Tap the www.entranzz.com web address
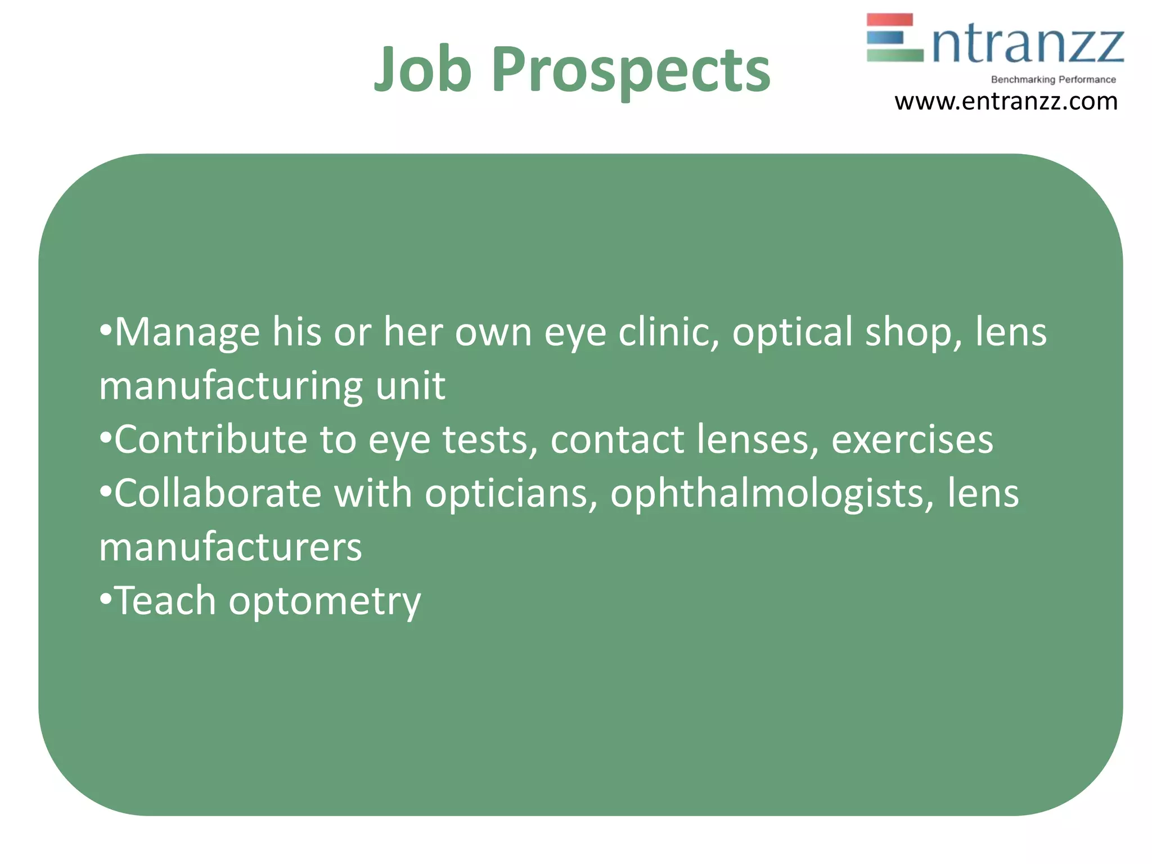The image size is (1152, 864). point(1006,102)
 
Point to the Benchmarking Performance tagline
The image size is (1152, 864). point(1053,79)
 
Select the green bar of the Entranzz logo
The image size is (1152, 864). point(895,55)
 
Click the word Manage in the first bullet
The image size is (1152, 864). point(187,332)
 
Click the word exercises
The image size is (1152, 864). point(912,439)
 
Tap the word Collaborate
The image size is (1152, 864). point(218,493)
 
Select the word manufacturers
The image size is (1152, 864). point(231,547)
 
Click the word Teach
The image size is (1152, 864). point(165,600)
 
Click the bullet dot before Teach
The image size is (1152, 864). point(105,600)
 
